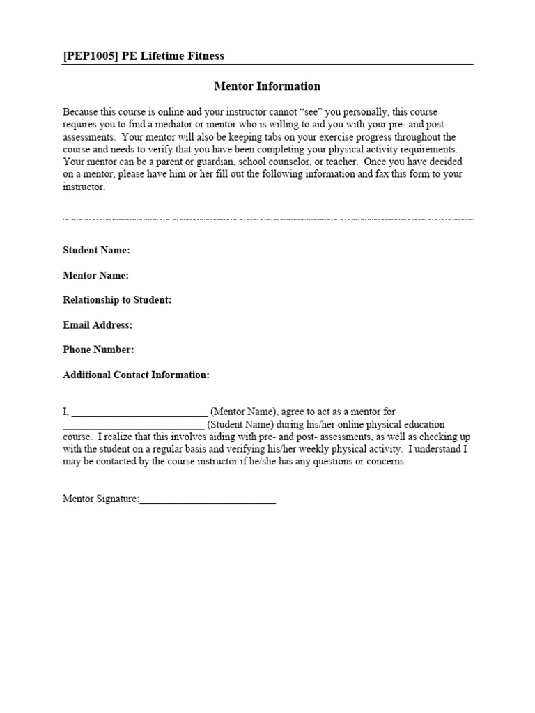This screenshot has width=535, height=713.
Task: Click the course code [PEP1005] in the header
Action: pos(91,56)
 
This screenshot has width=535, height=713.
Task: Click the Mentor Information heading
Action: pos(267,86)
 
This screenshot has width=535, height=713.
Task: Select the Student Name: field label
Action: pos(96,251)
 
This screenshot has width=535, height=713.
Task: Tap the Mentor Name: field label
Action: pos(95,276)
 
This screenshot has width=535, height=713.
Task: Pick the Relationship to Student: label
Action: pos(117,300)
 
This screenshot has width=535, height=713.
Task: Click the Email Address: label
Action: pos(98,325)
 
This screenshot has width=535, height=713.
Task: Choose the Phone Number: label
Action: pos(98,350)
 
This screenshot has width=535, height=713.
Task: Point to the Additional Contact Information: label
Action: pos(136,375)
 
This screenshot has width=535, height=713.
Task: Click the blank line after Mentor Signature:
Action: pos(208,500)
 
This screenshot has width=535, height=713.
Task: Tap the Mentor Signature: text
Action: pos(101,499)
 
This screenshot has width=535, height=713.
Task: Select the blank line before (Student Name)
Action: pos(133,425)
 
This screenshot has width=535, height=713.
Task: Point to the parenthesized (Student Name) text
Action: pos(241,425)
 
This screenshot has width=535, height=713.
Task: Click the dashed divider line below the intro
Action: pos(267,219)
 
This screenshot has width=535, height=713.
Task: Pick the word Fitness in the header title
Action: pos(204,56)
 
